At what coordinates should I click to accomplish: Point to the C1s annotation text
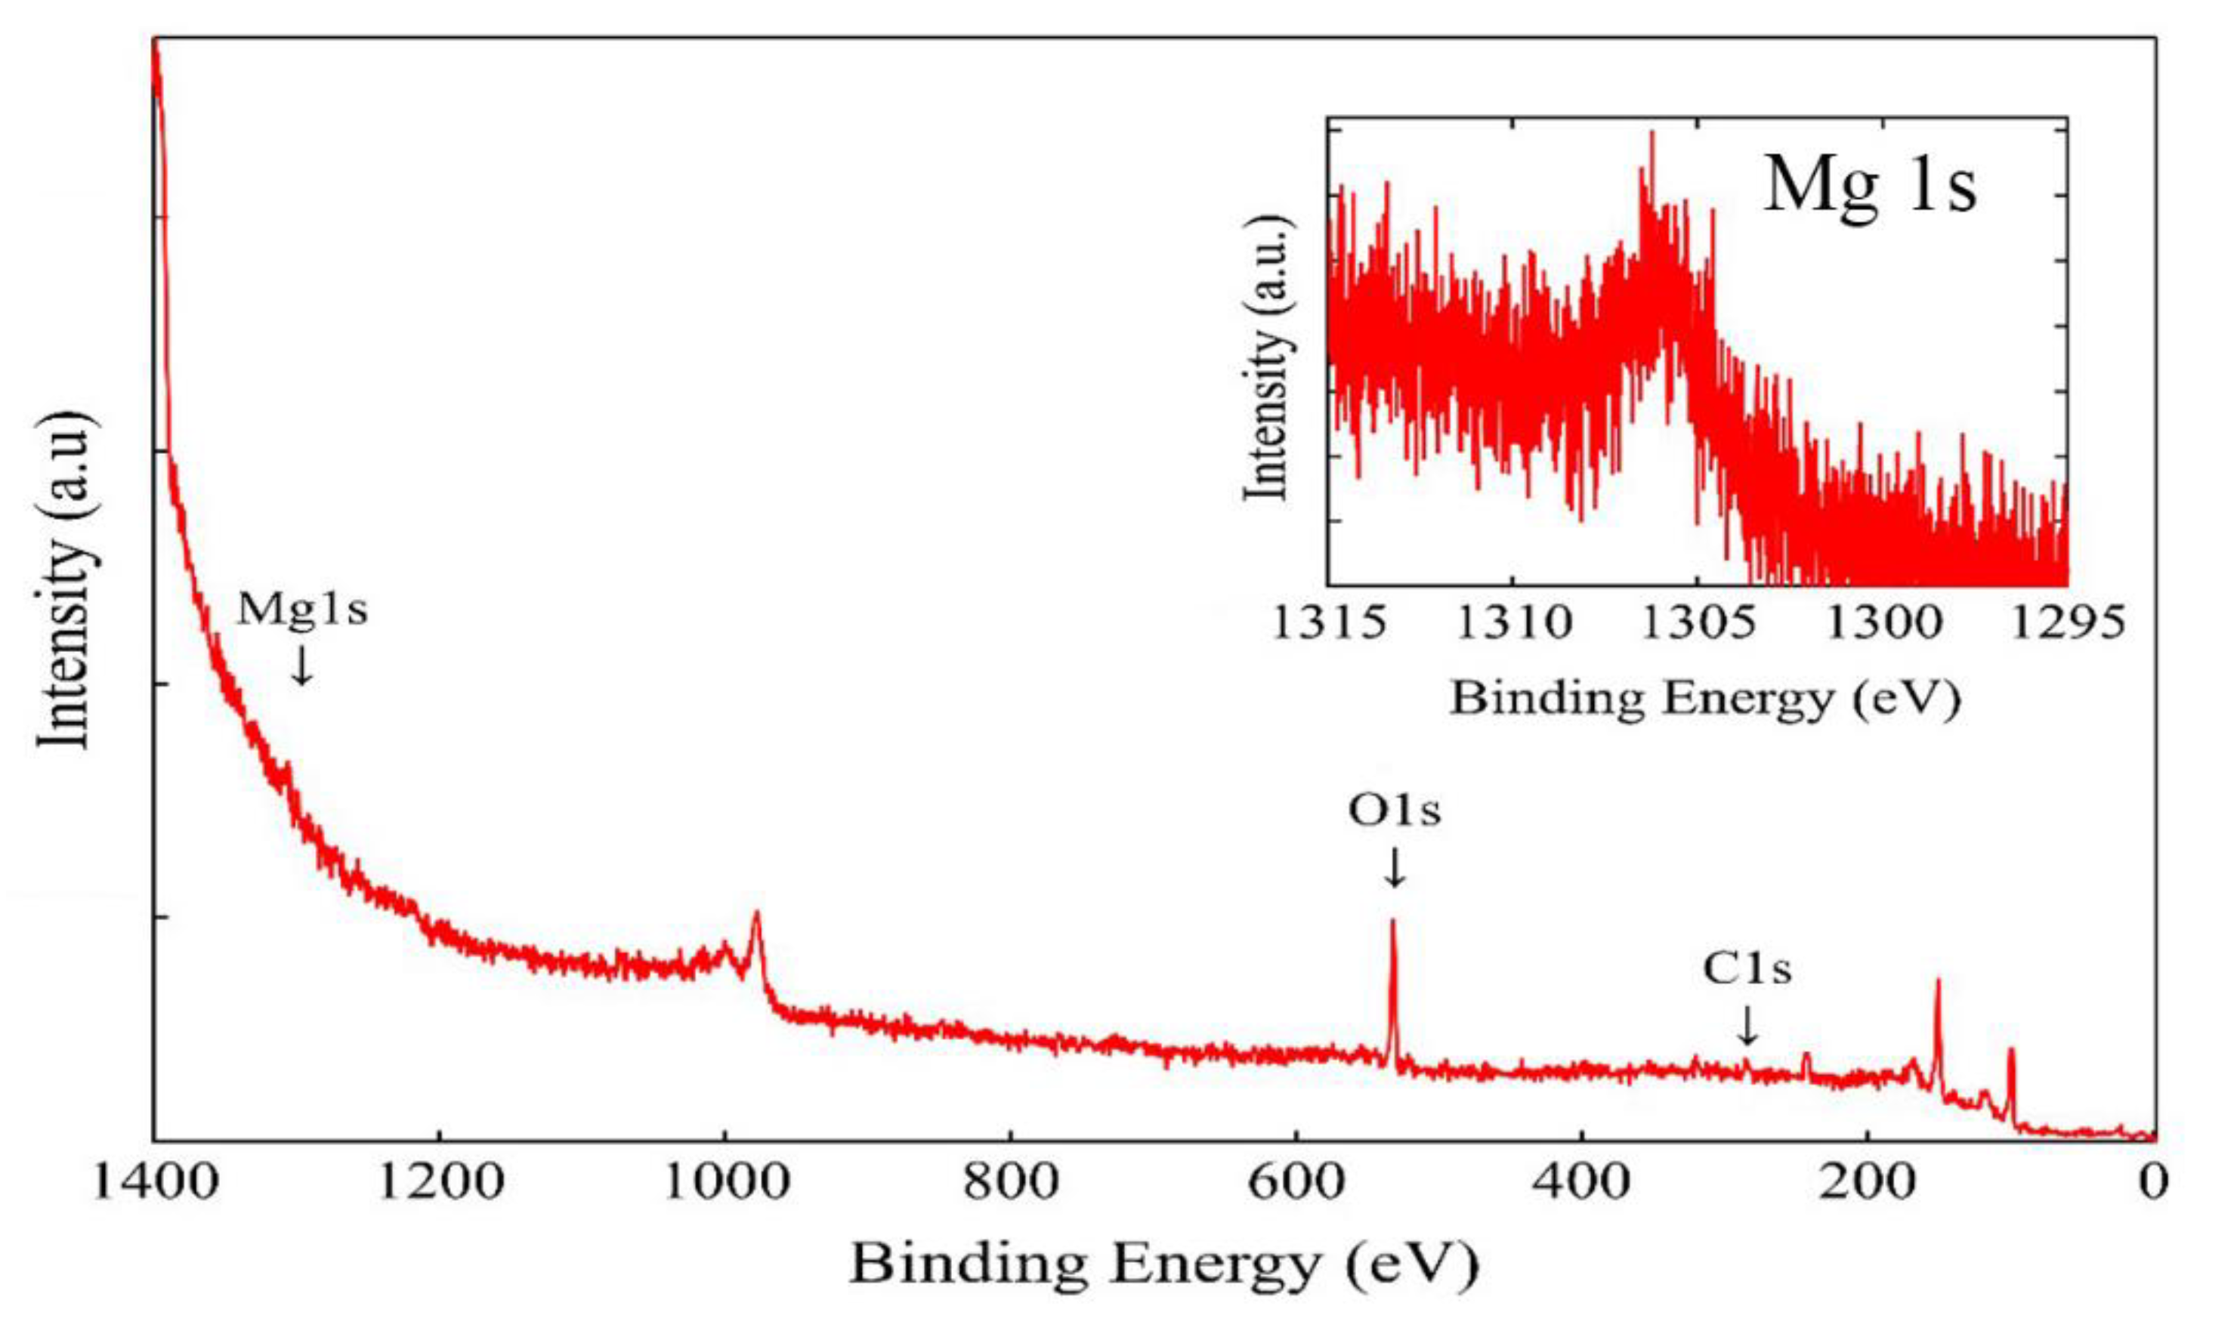pos(1747,969)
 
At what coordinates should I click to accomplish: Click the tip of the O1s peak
pos(1393,922)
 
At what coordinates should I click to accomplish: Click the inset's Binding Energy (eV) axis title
pos(1704,698)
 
